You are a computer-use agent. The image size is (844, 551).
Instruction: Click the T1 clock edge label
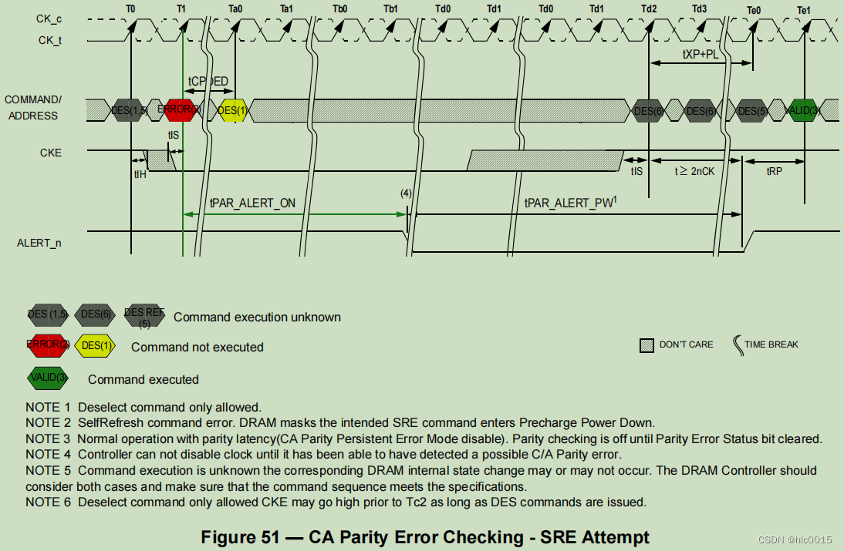click(181, 8)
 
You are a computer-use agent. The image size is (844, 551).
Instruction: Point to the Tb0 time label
click(340, 8)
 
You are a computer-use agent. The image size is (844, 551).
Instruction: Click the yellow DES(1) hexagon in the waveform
click(232, 110)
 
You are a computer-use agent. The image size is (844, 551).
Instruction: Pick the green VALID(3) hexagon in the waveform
click(805, 110)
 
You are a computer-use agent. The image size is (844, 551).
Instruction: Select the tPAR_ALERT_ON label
click(252, 203)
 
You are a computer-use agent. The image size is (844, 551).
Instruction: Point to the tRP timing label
click(774, 171)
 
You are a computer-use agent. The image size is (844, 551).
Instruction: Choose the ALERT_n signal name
click(39, 243)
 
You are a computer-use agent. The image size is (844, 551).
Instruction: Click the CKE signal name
click(51, 153)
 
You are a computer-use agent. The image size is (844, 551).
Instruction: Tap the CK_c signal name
click(50, 17)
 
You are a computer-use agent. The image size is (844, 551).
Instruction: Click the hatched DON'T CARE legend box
click(647, 345)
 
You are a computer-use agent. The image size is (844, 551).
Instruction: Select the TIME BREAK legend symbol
click(738, 344)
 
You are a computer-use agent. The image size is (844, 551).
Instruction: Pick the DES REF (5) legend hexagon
click(144, 315)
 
